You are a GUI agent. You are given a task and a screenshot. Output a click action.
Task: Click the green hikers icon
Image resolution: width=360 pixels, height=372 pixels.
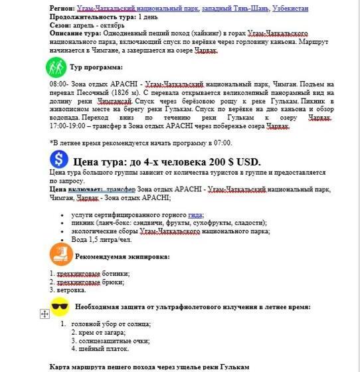(x=56, y=68)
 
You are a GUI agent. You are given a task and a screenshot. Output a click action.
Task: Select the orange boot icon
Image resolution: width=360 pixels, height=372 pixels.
(x=61, y=255)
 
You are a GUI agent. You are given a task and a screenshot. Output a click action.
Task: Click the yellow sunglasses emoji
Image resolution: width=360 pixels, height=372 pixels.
(x=60, y=307)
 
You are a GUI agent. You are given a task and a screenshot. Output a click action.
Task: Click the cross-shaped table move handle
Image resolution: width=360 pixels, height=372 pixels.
(x=45, y=314)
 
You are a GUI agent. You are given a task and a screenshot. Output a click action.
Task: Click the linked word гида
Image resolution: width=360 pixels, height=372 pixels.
(x=195, y=215)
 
